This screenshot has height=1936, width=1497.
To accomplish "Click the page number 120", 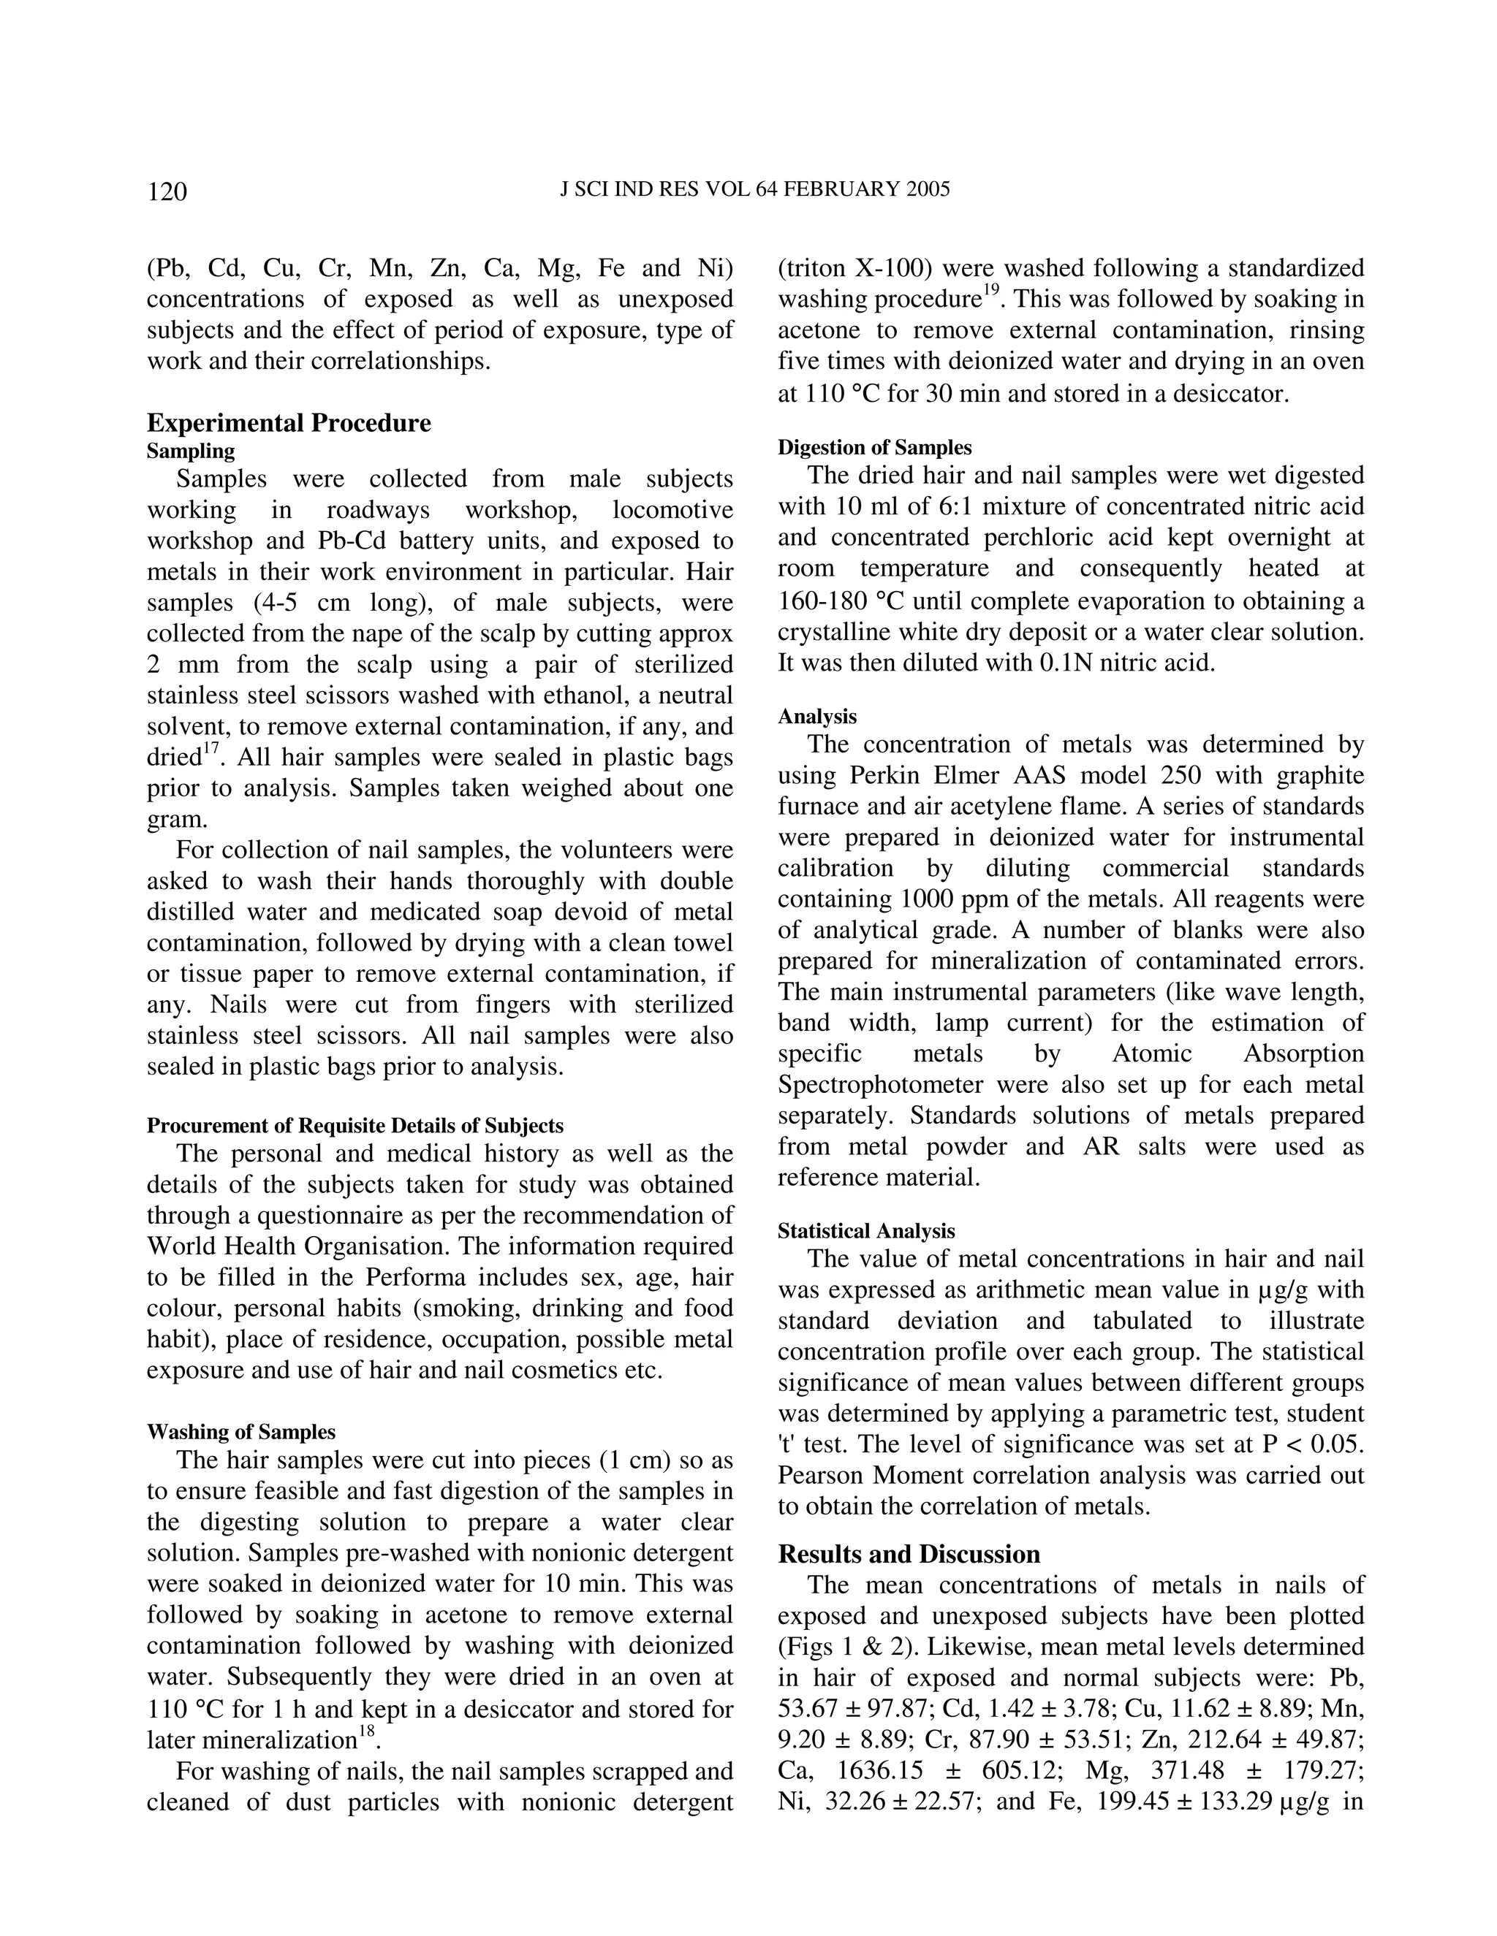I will click(x=167, y=191).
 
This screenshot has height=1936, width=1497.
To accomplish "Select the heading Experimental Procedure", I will click(x=288, y=423).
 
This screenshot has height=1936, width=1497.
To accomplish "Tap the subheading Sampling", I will click(x=191, y=451).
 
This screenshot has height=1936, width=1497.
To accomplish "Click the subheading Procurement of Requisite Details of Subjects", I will click(x=355, y=1126).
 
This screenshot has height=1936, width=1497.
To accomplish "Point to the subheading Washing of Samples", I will click(x=241, y=1432).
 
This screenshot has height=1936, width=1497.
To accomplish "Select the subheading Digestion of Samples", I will click(x=874, y=448).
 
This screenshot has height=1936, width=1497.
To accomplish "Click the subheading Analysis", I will click(x=816, y=716).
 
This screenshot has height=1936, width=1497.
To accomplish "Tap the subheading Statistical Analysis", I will click(x=866, y=1231).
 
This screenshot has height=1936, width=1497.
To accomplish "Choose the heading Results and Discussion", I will click(x=909, y=1555).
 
